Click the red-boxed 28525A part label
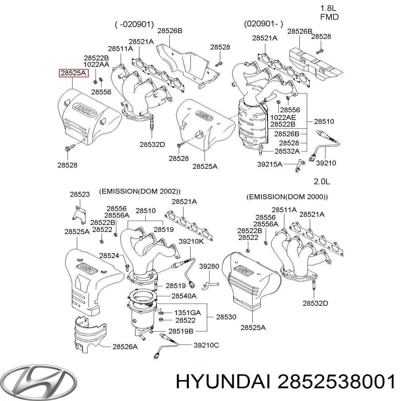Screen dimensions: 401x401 tap(74, 73)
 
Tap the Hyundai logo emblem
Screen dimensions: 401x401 tap(39, 382)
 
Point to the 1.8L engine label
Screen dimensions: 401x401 tap(328, 8)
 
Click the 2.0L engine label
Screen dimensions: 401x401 tap(322, 182)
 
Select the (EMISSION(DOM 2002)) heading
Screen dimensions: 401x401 tap(140, 191)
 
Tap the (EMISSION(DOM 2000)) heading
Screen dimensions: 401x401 tap(287, 197)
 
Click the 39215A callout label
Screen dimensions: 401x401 tap(270, 164)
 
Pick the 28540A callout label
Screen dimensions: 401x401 tap(184, 296)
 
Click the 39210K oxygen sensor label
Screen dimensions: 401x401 tap(191, 241)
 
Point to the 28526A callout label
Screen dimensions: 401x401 tap(125, 347)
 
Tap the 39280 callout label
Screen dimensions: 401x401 tap(209, 266)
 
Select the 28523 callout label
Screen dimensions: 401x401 tap(80, 194)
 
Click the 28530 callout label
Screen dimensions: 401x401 tap(226, 317)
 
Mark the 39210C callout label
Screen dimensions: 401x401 tap(206, 345)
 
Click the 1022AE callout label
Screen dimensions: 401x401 tap(283, 117)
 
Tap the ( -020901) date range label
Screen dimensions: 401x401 tap(134, 24)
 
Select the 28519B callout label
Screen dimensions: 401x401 tap(181, 331)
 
